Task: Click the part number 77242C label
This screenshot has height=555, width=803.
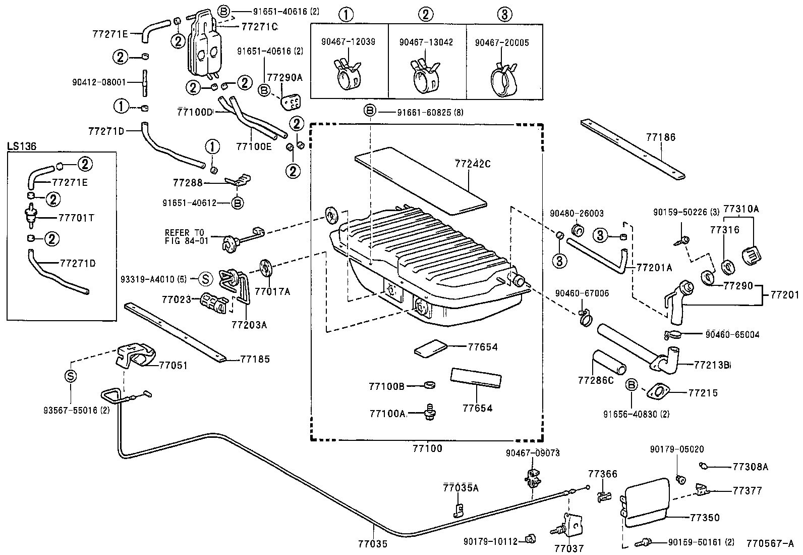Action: tap(472, 164)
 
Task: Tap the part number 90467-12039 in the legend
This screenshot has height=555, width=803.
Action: tap(348, 42)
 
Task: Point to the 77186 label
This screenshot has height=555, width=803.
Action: tap(660, 137)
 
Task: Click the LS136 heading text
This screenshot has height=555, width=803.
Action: tap(21, 146)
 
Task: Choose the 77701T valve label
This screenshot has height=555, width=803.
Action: tap(77, 218)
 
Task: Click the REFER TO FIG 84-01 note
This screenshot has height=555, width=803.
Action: tap(186, 237)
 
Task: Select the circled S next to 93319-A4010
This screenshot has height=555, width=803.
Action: tap(205, 279)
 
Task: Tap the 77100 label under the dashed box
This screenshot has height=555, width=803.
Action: tap(427, 448)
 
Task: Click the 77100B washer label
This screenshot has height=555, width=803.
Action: tap(387, 386)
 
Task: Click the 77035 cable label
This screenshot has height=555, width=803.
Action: tap(373, 544)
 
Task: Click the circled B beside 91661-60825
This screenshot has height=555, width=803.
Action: tap(370, 111)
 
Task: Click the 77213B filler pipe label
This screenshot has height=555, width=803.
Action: tap(712, 365)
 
